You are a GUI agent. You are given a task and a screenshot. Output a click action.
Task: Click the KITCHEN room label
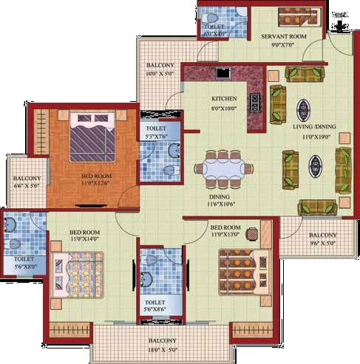click(224, 98)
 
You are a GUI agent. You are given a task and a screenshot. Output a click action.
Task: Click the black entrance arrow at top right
click(340, 26)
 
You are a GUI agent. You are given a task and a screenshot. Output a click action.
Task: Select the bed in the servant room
click(299, 15)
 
